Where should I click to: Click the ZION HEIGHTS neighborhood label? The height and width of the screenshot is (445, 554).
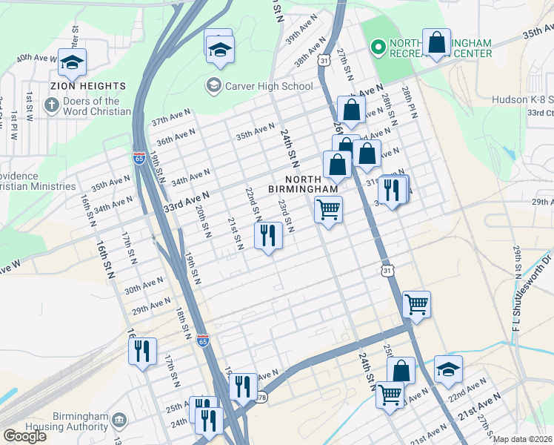[88, 86]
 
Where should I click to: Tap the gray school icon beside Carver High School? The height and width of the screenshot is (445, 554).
[214, 86]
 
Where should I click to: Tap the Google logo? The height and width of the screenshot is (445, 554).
[24, 436]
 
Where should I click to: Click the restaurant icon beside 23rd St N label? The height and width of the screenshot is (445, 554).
[267, 235]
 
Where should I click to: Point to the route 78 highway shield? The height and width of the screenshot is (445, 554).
[261, 398]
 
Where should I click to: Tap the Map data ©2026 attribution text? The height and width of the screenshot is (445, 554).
[523, 439]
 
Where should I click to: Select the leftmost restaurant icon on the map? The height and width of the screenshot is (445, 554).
[142, 351]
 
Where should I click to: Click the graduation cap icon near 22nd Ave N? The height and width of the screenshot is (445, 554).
[448, 370]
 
